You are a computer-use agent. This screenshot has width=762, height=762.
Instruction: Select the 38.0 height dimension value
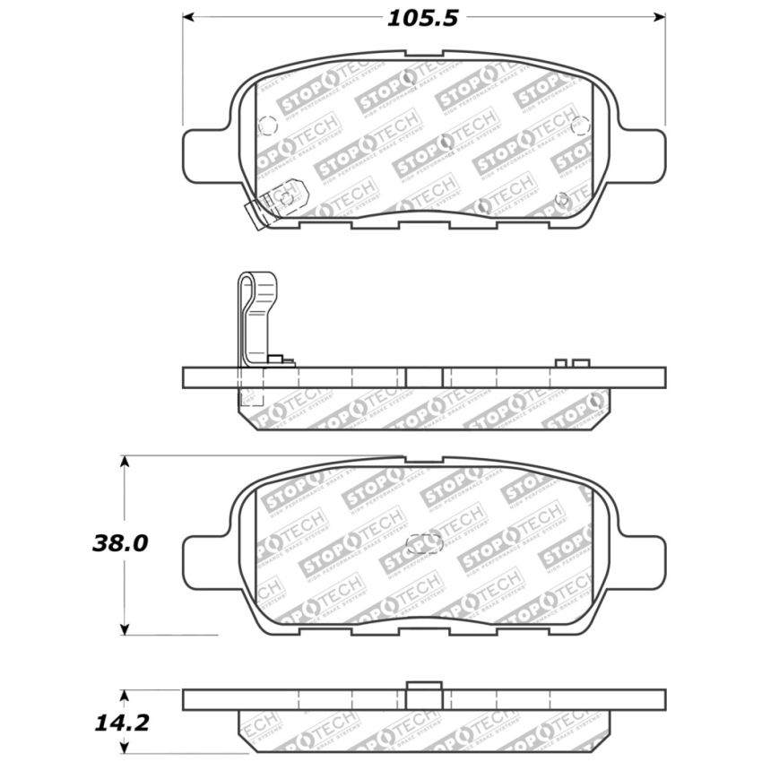pos(118,543)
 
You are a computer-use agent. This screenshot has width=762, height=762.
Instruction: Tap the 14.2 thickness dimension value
pos(118,722)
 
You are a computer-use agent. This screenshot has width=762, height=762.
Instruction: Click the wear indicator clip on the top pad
pos(278,202)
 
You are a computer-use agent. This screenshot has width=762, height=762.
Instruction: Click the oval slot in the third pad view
pos(424,543)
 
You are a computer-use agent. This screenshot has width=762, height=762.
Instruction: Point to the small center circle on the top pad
pos(446,141)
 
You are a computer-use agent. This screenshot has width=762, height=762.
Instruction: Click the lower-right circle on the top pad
pos(562,198)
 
